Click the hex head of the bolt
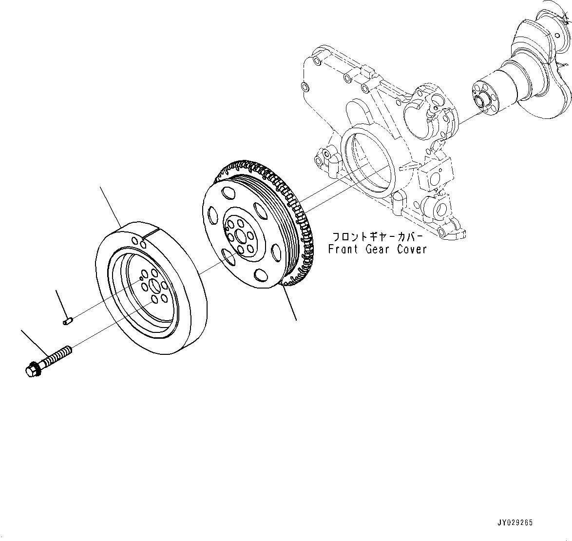[x=31, y=370]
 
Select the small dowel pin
[x=68, y=320]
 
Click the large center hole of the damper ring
[x=154, y=287]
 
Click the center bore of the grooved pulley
[x=240, y=236]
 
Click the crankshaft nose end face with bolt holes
[x=482, y=100]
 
